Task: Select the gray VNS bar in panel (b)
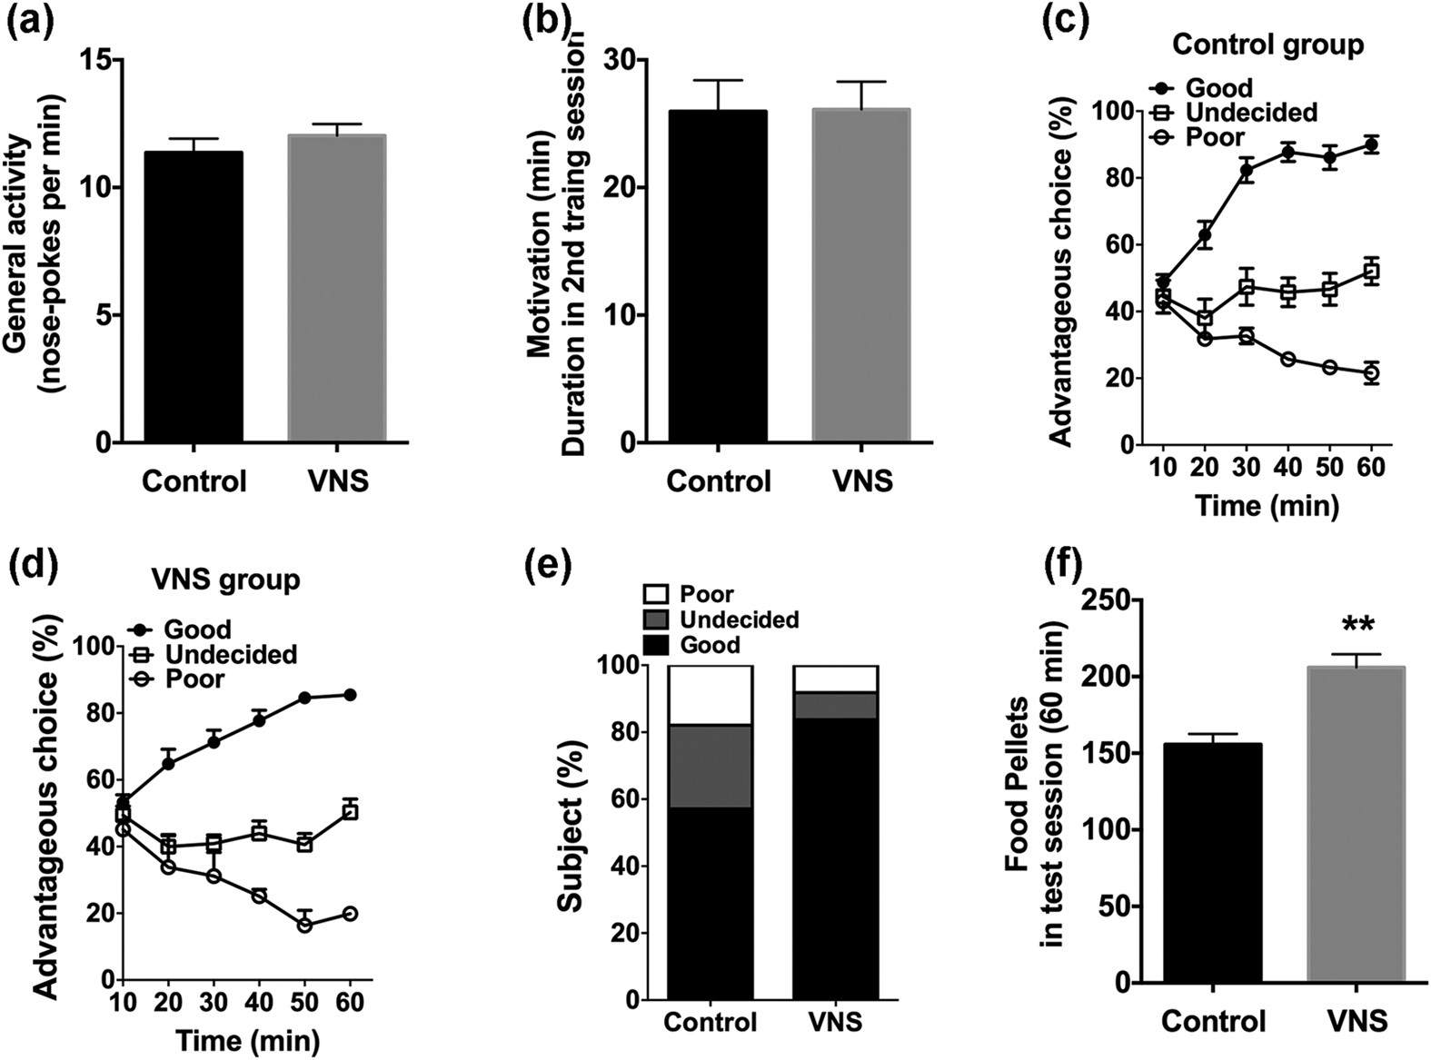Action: click(x=860, y=277)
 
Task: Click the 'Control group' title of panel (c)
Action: click(x=1267, y=45)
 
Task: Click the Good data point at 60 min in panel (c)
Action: click(x=1371, y=144)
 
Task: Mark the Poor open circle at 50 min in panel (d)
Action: click(x=305, y=925)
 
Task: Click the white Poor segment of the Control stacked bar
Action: click(x=710, y=695)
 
